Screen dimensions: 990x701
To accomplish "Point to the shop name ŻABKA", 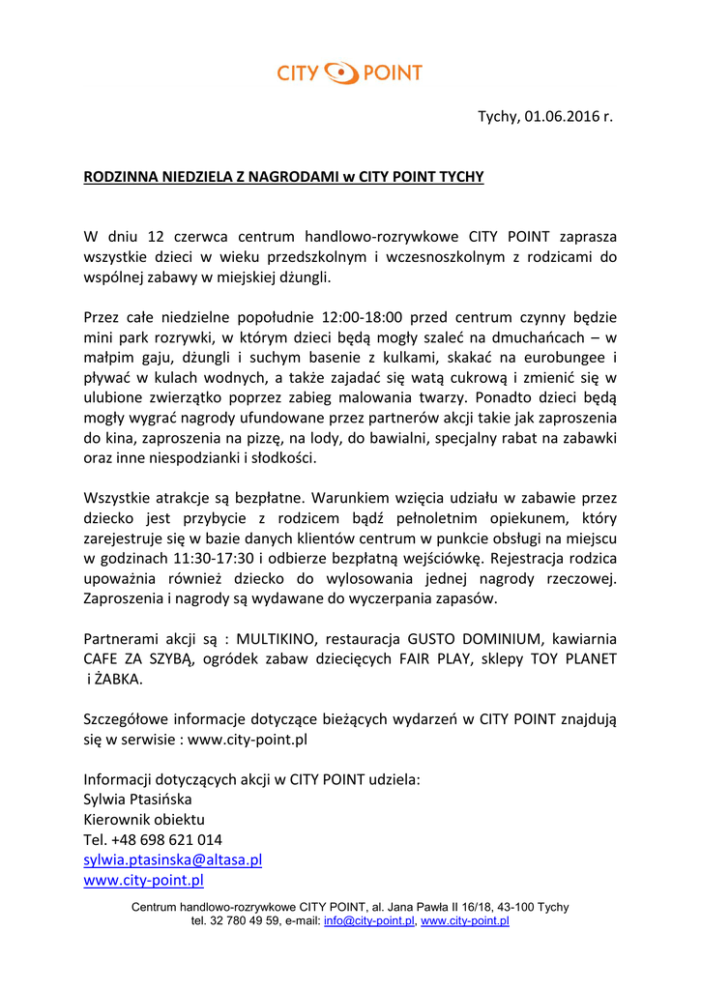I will pyautogui.click(x=118, y=680).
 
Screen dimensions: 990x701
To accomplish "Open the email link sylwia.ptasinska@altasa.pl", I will pyautogui.click(x=173, y=859).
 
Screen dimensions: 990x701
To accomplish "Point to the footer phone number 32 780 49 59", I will pyautogui.click(x=242, y=921).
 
